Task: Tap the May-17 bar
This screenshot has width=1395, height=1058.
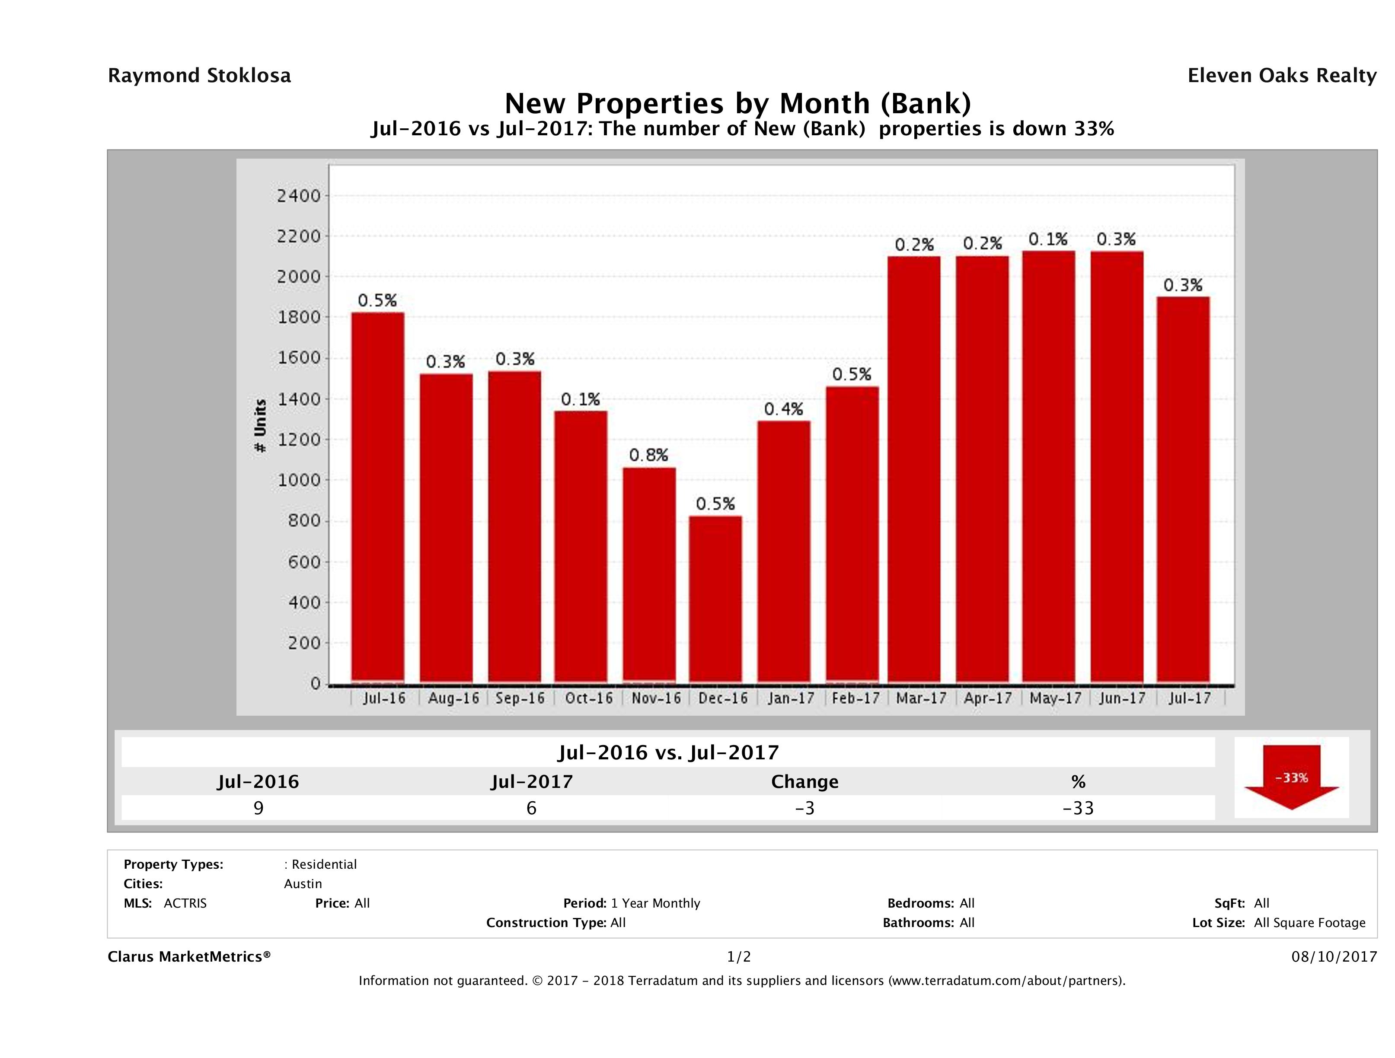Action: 1049,467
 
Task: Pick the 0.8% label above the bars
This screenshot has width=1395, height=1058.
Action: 648,455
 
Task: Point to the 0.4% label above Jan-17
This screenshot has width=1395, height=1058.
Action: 783,409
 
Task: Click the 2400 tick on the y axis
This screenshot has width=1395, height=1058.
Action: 299,196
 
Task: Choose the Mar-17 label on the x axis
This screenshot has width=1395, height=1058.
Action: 921,698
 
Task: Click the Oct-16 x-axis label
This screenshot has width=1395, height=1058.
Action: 588,698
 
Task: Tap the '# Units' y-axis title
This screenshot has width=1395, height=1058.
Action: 260,426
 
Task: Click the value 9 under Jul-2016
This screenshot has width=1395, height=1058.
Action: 258,808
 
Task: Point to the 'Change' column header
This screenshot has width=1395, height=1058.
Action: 805,782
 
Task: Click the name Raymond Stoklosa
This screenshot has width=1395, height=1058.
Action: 199,76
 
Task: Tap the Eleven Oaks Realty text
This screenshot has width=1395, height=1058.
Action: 1281,76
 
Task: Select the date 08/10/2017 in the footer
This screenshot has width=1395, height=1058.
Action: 1334,956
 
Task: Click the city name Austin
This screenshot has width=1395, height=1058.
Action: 303,883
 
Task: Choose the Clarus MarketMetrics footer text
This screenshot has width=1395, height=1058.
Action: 189,956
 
